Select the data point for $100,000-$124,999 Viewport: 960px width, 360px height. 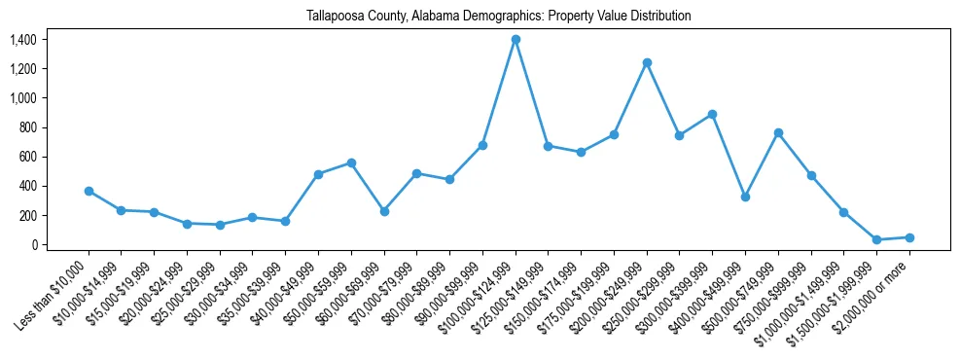(x=516, y=39)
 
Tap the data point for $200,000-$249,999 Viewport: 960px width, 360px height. (x=647, y=62)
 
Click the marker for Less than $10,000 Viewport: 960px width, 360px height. (x=89, y=191)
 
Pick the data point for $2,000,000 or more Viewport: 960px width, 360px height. (x=909, y=237)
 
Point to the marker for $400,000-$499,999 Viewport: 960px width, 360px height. (x=745, y=197)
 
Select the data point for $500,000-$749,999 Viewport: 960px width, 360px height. (x=778, y=132)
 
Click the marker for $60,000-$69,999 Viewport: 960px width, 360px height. (x=384, y=211)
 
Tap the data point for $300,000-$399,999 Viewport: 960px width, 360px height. (x=712, y=114)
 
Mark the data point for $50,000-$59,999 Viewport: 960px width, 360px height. (x=351, y=162)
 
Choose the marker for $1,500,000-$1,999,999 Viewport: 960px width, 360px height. (x=876, y=239)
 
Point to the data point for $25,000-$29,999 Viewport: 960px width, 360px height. (x=220, y=225)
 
